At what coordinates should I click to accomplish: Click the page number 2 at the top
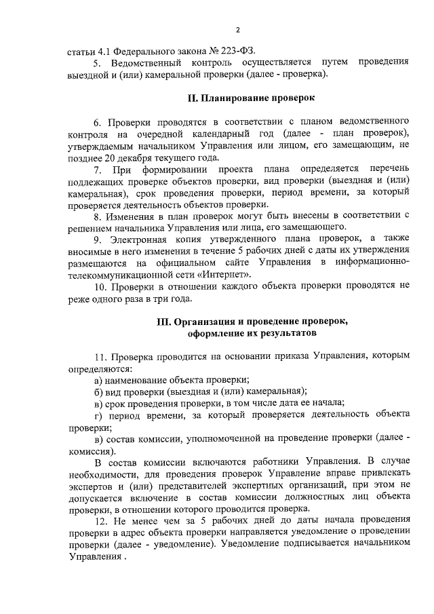click(238, 30)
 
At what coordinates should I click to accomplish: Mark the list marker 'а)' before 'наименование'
click(99, 381)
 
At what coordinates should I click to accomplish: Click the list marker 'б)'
click(99, 393)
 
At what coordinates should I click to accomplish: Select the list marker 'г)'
click(99, 417)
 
